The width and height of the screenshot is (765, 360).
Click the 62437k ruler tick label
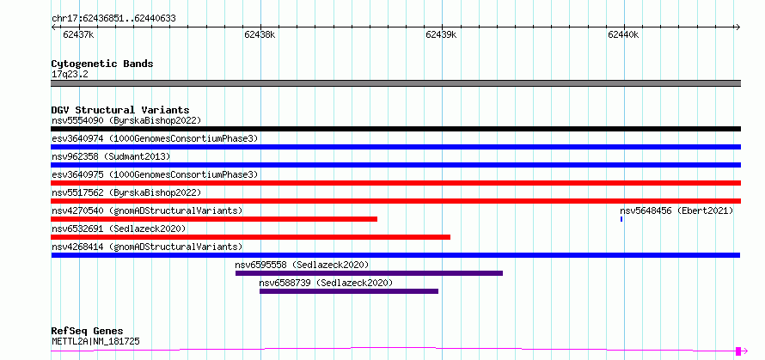(x=78, y=34)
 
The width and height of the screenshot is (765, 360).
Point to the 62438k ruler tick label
(x=260, y=34)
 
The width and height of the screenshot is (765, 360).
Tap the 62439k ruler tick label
(x=441, y=34)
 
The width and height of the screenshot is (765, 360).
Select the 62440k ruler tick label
(x=623, y=34)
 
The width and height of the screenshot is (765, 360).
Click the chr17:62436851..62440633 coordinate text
(x=113, y=19)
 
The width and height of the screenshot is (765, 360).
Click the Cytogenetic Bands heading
(x=102, y=64)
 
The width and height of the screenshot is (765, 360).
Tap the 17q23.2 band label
(x=70, y=75)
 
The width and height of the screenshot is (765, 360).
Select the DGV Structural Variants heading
(x=120, y=110)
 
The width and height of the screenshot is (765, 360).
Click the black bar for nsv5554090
(x=395, y=129)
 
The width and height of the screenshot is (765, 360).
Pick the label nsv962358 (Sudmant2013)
(x=111, y=156)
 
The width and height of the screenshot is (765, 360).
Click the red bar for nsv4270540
(x=214, y=219)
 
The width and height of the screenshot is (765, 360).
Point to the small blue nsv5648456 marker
(x=621, y=219)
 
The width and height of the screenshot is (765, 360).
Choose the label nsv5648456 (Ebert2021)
(x=676, y=211)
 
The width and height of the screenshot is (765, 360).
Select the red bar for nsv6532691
(x=250, y=237)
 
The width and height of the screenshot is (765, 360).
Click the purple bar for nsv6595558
(x=369, y=273)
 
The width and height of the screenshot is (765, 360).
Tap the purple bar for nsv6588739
(x=349, y=291)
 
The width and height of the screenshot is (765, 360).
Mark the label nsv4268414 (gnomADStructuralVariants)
(x=147, y=247)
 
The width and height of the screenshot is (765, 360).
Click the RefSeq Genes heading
(x=87, y=332)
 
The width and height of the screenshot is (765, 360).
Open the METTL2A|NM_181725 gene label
(x=95, y=341)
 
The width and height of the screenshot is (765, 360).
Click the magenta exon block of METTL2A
(x=738, y=351)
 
